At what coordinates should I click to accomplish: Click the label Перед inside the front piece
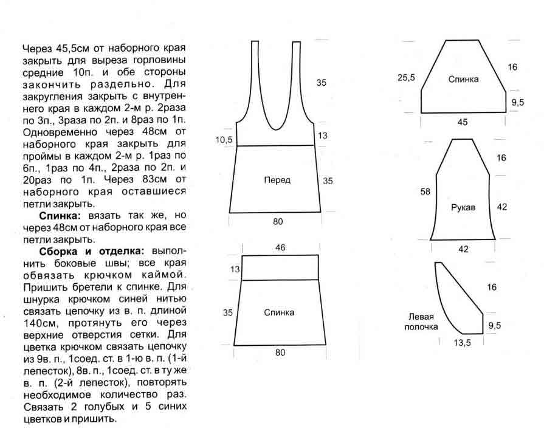pyautogui.click(x=277, y=180)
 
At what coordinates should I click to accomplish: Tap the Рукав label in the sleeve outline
pyautogui.click(x=463, y=207)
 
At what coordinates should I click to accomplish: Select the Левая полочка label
pyautogui.click(x=421, y=322)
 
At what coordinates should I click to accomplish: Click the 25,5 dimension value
pyautogui.click(x=406, y=78)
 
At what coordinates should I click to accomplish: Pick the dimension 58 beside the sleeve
pyautogui.click(x=425, y=192)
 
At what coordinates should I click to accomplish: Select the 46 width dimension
pyautogui.click(x=280, y=247)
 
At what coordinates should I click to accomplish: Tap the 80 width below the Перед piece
pyautogui.click(x=278, y=222)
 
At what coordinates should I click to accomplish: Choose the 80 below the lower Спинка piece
pyautogui.click(x=279, y=351)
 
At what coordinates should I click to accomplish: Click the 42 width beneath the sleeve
pyautogui.click(x=463, y=249)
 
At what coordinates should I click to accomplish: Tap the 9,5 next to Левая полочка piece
pyautogui.click(x=494, y=326)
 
